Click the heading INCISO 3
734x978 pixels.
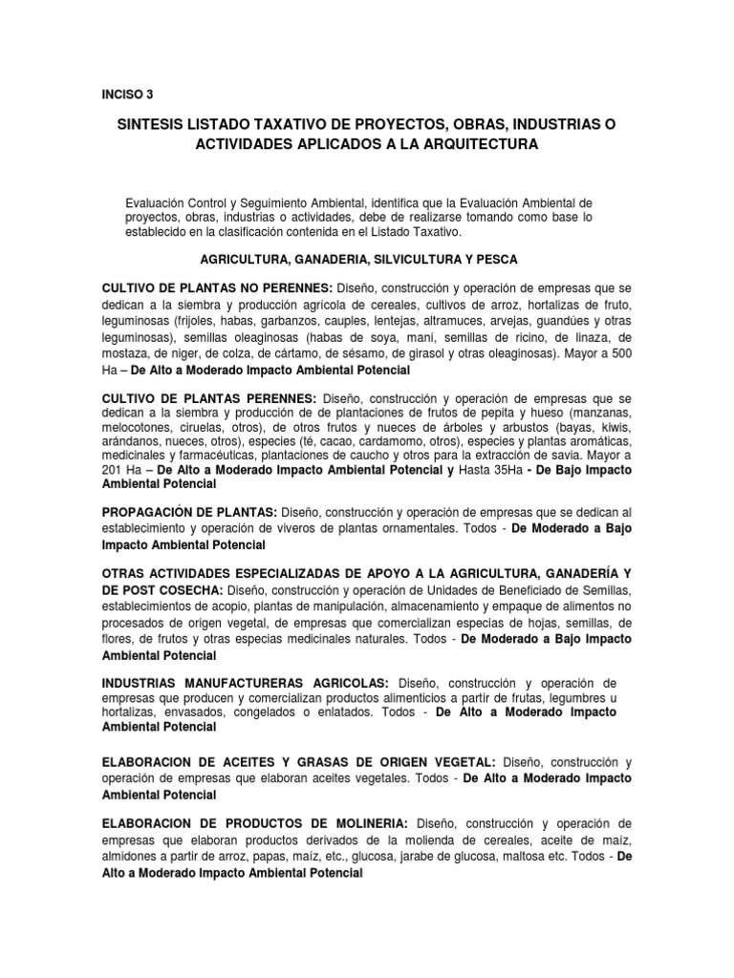[x=127, y=94]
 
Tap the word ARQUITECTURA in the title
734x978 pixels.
[x=474, y=144]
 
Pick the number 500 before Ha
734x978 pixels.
[x=619, y=352]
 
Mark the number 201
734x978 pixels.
[x=116, y=472]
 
